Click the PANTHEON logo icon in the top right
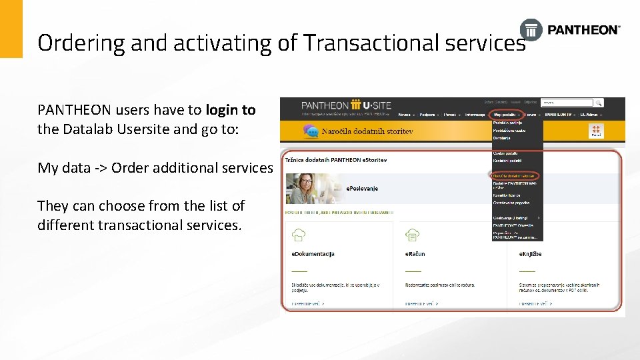pos(531,29)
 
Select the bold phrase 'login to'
pos(231,109)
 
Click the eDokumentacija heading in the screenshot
pos(313,254)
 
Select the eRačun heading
pos(415,254)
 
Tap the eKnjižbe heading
pos(531,254)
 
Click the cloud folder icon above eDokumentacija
pos(299,235)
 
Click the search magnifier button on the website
pos(599,103)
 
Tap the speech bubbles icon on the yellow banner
pos(310,131)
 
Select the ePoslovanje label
pos(362,189)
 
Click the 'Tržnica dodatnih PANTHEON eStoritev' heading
pos(335,161)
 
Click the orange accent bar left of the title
pos(11,29)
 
